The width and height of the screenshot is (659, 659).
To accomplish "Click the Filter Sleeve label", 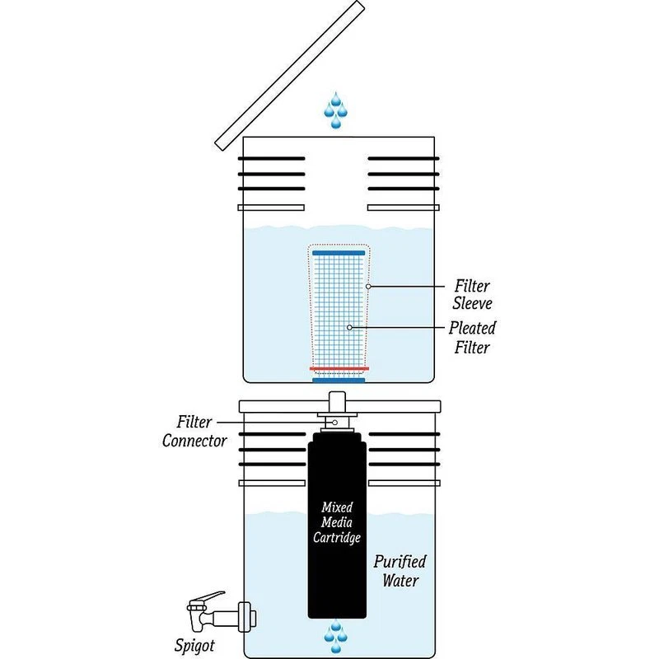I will pyautogui.click(x=473, y=294).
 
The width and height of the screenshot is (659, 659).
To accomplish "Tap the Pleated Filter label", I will pyautogui.click(x=472, y=337).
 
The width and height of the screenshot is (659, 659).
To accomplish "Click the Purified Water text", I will pyautogui.click(x=400, y=571).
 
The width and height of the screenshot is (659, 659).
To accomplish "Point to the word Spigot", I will pyautogui.click(x=194, y=645).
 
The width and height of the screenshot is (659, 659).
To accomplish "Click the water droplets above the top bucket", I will pyautogui.click(x=336, y=110).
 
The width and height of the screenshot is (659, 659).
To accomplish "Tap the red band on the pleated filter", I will pyautogui.click(x=339, y=368).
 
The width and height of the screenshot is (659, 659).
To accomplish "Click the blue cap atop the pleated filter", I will pyautogui.click(x=339, y=251).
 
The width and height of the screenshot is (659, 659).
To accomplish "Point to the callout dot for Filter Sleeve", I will pyautogui.click(x=369, y=287).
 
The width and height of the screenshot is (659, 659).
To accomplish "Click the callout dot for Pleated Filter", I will pyautogui.click(x=350, y=328).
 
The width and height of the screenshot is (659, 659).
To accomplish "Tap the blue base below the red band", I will pyautogui.click(x=339, y=380).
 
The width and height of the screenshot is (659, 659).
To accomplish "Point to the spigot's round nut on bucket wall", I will pyautogui.click(x=246, y=613).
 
